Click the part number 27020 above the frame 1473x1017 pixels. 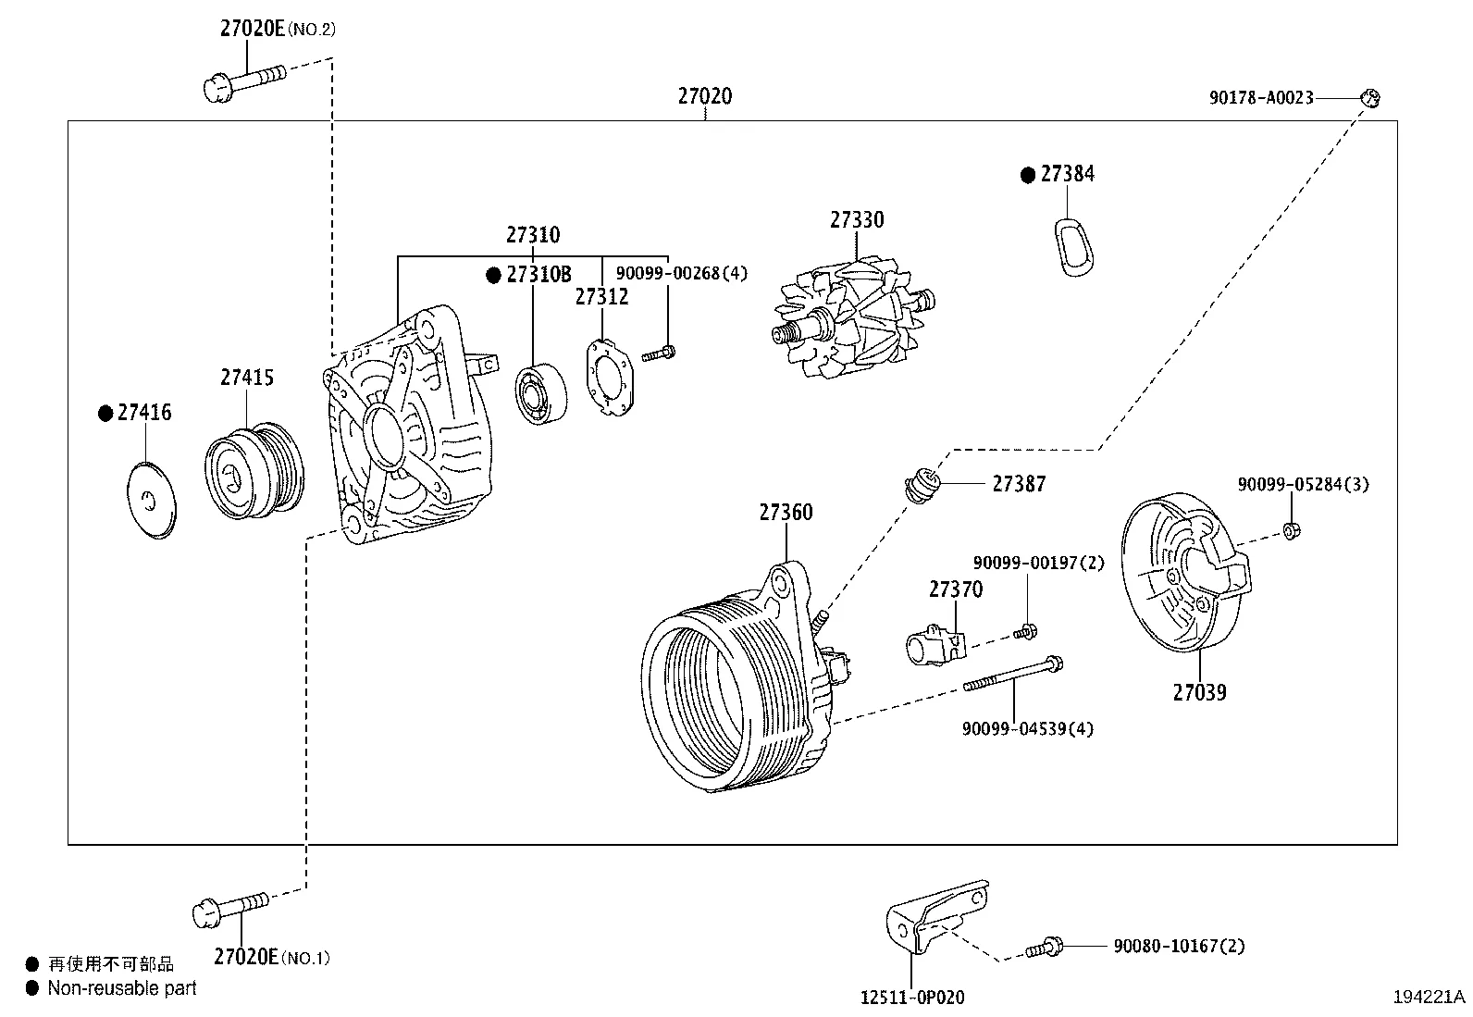click(x=704, y=96)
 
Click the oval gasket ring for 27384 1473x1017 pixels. click(x=1071, y=248)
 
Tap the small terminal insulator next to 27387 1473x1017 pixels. click(x=922, y=484)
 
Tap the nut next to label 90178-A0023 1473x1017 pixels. click(x=1371, y=96)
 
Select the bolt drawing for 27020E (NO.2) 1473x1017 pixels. click(x=242, y=81)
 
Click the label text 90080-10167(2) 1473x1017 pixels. click(x=1178, y=946)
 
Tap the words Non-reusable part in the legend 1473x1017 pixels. click(x=122, y=988)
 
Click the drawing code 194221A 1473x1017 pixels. click(x=1430, y=997)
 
